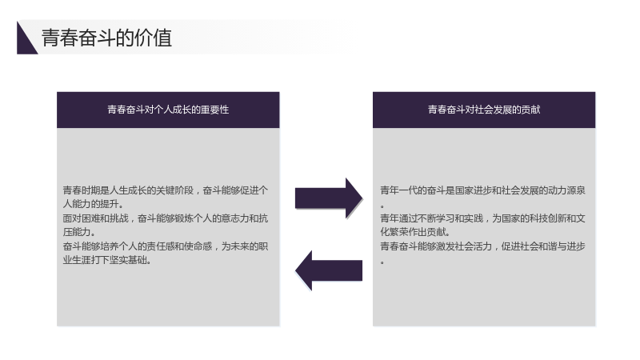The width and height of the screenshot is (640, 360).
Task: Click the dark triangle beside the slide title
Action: [25, 42]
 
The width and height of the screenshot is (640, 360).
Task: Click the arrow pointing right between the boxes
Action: [329, 198]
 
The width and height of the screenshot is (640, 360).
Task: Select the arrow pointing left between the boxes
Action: [329, 270]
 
